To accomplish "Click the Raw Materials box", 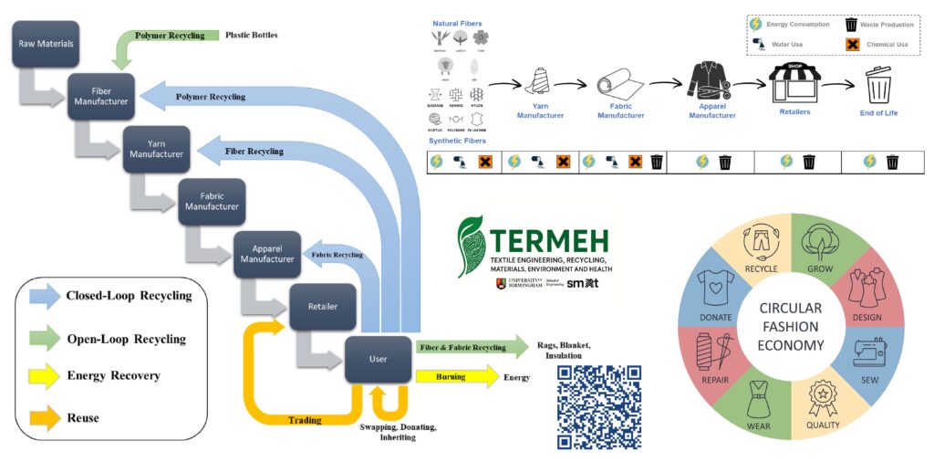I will (x=47, y=44).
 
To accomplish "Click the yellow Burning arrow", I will (x=456, y=376).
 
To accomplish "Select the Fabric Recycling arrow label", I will (x=337, y=255).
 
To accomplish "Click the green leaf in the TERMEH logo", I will (x=472, y=246).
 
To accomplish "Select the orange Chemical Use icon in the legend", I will (x=853, y=44).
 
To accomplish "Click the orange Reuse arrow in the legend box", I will (x=46, y=416).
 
